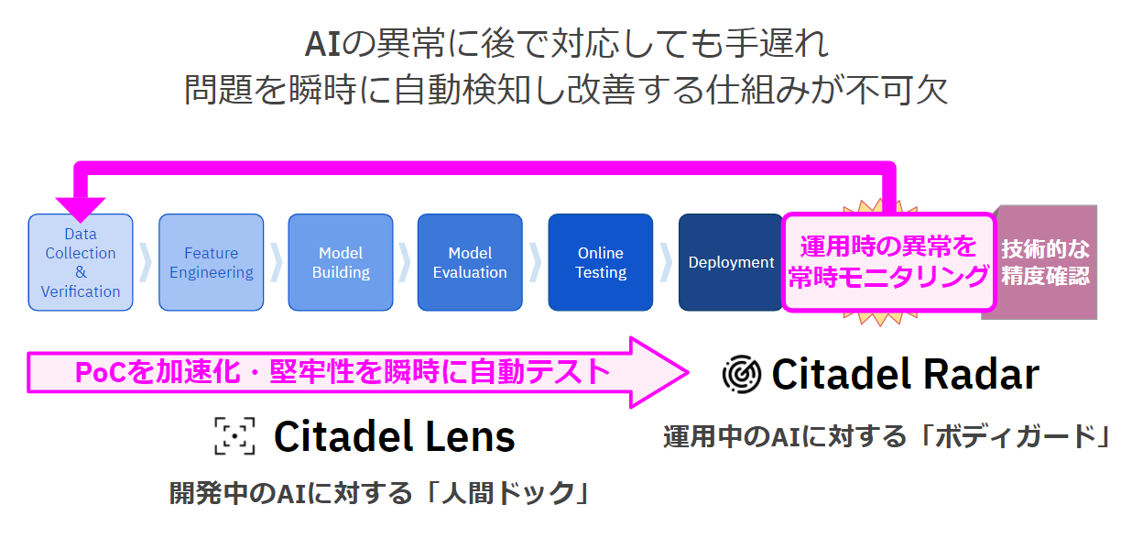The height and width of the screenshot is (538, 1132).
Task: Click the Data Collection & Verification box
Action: point(81,262)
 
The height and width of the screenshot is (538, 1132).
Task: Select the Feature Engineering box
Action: point(211,262)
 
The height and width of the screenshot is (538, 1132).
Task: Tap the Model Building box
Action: point(341,262)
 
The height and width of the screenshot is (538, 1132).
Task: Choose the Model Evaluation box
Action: point(470,262)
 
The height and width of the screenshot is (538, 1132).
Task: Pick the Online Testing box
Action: point(601,262)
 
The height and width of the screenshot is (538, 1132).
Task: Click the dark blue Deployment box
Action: point(731,262)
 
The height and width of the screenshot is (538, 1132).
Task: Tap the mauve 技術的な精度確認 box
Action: point(1045,262)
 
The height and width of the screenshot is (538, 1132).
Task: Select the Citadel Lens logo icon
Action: point(234,436)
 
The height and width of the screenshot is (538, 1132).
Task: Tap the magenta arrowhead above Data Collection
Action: point(81,205)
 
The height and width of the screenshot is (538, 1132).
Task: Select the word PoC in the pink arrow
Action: point(95,371)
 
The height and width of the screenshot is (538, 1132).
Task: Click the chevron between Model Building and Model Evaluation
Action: point(405,262)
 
